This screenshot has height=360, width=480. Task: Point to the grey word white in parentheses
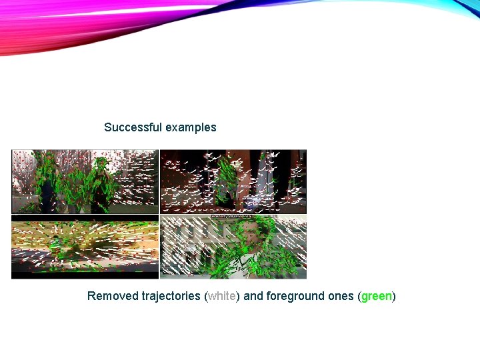[222, 296]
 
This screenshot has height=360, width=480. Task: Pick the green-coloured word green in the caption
[377, 296]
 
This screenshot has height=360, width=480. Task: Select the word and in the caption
[253, 296]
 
